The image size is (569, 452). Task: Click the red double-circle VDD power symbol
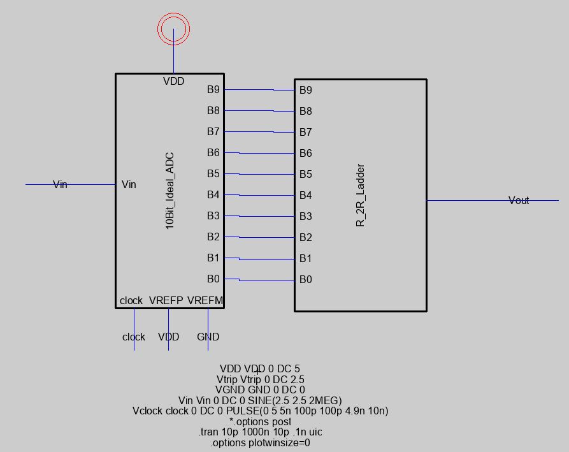tap(173, 29)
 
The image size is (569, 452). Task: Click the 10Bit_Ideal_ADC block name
tap(170, 191)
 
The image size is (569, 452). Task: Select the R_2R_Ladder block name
tap(361, 196)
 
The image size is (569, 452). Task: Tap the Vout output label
tap(519, 201)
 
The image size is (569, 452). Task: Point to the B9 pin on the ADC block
tap(213, 90)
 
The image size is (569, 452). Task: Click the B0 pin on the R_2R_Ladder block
tap(306, 279)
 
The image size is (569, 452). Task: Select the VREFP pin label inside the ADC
tap(166, 300)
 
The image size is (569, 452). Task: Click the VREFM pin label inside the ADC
tap(205, 300)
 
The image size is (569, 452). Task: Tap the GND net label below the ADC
tap(208, 337)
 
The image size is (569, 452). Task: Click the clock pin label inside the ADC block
tap(131, 300)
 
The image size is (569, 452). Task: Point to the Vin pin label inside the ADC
tap(129, 184)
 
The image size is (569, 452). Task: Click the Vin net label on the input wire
tap(60, 184)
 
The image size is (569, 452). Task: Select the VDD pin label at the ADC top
tap(173, 81)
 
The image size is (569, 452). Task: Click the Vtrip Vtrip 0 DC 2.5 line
tap(260, 379)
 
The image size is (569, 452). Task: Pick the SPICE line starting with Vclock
tap(260, 411)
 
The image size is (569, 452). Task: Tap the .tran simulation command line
tap(260, 432)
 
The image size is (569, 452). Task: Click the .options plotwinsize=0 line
tap(260, 442)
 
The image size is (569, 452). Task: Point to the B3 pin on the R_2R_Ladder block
tap(306, 216)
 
